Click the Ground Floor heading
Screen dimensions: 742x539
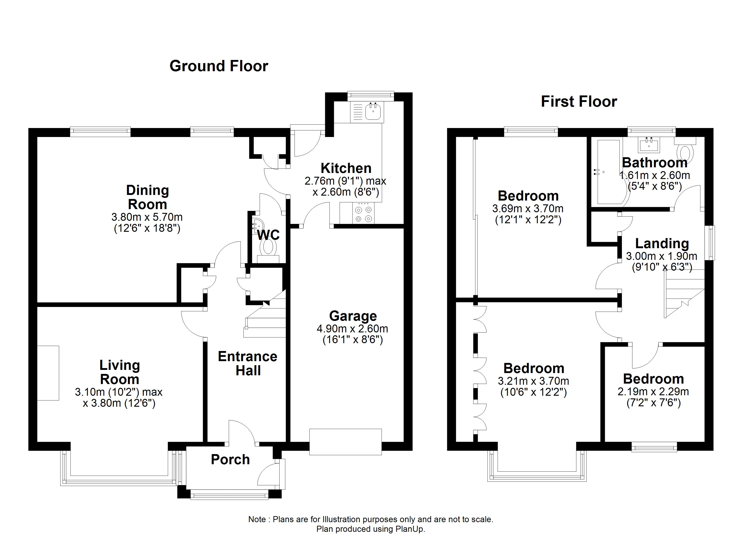219,66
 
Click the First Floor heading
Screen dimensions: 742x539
579,102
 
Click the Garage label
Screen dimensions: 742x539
353,316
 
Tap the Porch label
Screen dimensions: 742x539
230,459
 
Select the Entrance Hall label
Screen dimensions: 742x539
248,363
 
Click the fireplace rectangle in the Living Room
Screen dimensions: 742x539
48,373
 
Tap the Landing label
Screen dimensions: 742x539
662,243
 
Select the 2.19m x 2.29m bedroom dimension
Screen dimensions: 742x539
653,392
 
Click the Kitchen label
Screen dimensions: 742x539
346,168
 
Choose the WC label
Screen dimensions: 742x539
268,235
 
